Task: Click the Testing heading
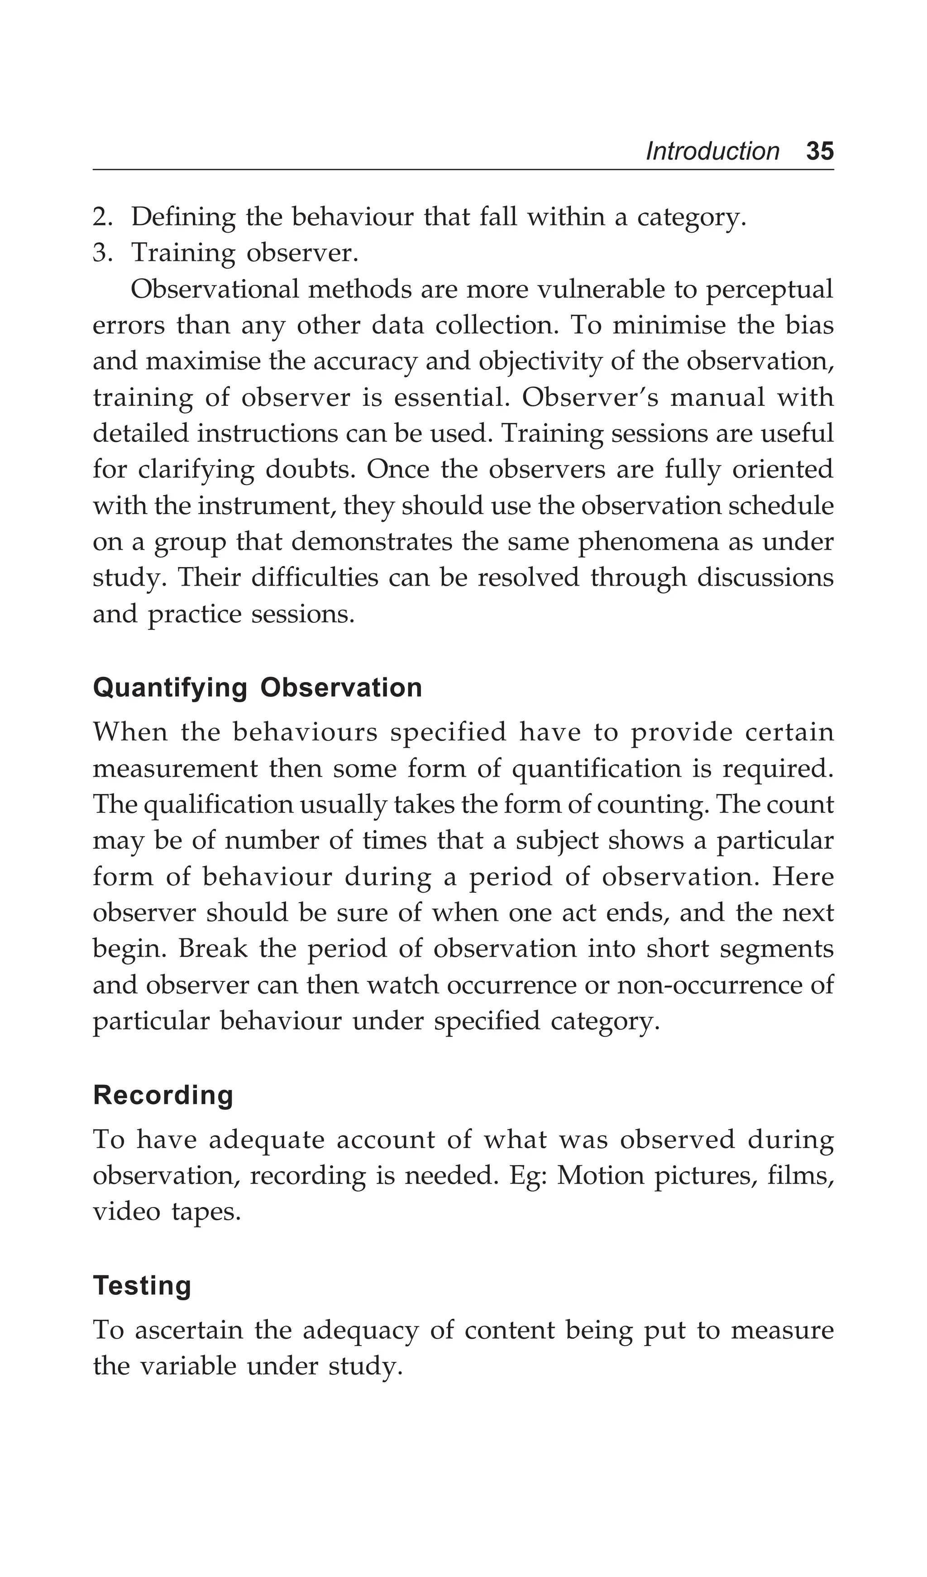(142, 1286)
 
